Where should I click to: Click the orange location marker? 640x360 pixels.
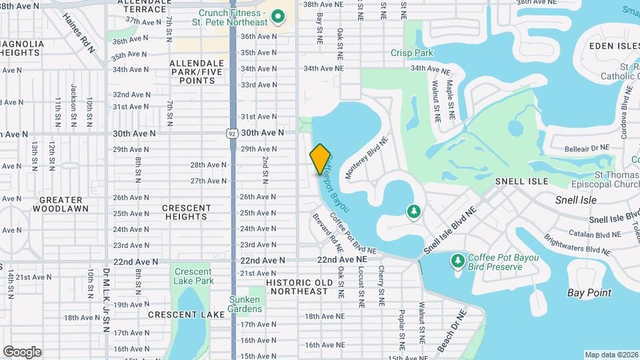(320, 159)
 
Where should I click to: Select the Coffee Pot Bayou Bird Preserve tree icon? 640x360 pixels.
(457, 259)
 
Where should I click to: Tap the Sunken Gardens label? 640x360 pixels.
(245, 304)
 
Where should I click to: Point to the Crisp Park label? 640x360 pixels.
(412, 53)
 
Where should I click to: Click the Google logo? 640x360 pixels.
(22, 351)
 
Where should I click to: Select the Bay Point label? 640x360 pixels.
(589, 293)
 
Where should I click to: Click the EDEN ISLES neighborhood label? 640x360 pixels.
(613, 45)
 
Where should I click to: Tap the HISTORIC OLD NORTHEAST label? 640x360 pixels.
(297, 287)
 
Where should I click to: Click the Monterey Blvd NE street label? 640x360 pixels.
(366, 159)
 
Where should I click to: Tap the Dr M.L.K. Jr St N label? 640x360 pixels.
(105, 300)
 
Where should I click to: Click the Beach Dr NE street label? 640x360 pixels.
(451, 331)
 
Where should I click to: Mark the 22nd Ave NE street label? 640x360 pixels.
(341, 259)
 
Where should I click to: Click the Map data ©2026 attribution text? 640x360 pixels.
(611, 355)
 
